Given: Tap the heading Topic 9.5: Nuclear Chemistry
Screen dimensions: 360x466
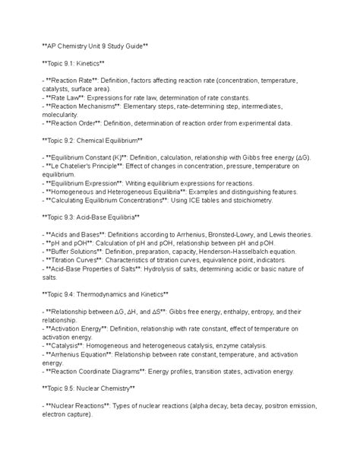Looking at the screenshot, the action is tap(88, 388).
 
